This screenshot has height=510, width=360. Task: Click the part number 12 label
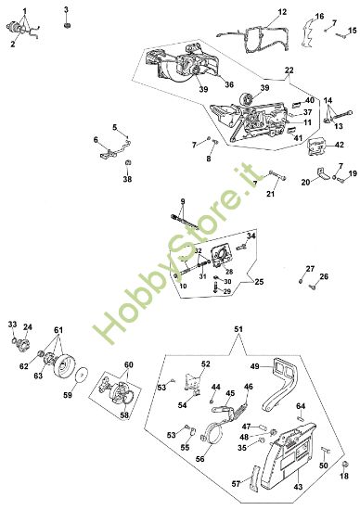point(282,12)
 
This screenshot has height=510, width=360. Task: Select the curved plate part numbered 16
point(308,32)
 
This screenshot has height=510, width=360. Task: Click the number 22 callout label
point(289,70)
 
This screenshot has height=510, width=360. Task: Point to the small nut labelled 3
point(67,25)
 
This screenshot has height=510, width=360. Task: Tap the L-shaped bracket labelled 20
point(323,173)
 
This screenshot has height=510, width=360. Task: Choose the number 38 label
point(127,179)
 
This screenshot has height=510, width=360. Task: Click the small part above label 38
point(128,162)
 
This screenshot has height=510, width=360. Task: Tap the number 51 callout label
point(238,329)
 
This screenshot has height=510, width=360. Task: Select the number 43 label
point(298,487)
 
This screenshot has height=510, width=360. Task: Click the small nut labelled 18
point(344,465)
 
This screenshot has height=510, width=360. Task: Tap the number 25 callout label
point(259,282)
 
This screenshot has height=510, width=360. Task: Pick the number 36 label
point(229,84)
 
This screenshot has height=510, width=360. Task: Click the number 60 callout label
point(129,364)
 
